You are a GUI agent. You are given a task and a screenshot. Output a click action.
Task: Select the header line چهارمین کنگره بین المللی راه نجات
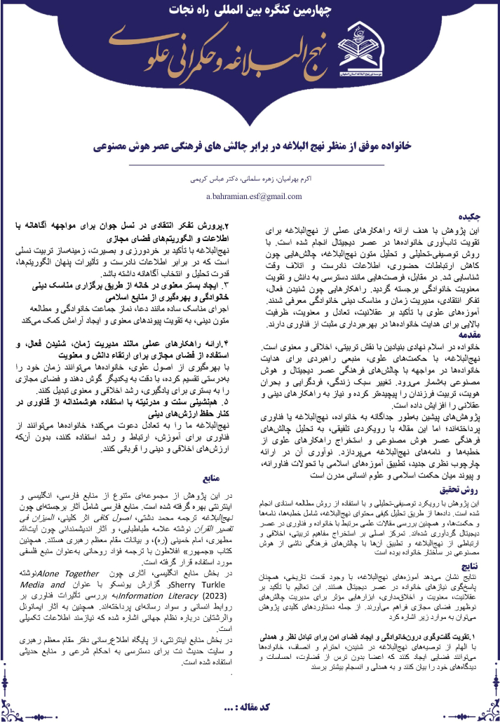[x=250, y=11]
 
